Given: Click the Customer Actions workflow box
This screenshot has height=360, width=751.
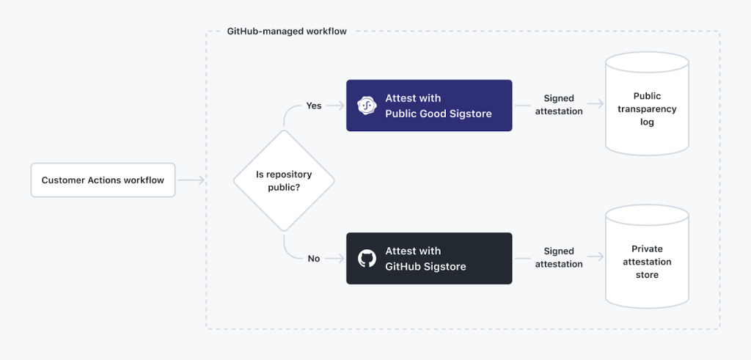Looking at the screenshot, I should (x=103, y=180).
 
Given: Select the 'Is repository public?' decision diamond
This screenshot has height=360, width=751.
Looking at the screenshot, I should (x=284, y=180).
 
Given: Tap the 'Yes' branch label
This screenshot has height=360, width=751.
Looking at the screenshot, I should (x=313, y=106).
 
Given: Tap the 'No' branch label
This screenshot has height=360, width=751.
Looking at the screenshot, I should (x=313, y=258).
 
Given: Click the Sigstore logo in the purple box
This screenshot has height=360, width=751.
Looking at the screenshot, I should (x=367, y=106).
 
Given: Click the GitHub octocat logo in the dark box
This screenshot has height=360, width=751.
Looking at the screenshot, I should (x=367, y=258).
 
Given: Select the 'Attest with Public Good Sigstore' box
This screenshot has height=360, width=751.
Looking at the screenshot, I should (x=429, y=106).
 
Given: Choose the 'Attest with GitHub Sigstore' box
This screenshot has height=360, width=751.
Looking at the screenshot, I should (x=429, y=258).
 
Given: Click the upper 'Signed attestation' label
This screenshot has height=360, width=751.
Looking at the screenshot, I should (x=559, y=105).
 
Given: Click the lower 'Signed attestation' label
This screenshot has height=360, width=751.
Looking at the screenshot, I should (x=559, y=257).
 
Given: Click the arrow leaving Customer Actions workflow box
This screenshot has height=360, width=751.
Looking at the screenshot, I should (x=191, y=180).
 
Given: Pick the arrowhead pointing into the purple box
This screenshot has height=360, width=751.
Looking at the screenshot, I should (x=341, y=106).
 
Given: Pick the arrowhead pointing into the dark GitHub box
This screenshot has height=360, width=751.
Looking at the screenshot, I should (x=341, y=258).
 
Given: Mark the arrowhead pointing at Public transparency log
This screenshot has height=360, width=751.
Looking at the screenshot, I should (x=599, y=106).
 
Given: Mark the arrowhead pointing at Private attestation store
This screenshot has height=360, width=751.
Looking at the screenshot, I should (x=599, y=258).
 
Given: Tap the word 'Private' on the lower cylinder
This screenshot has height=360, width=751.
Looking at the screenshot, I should (x=647, y=249).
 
